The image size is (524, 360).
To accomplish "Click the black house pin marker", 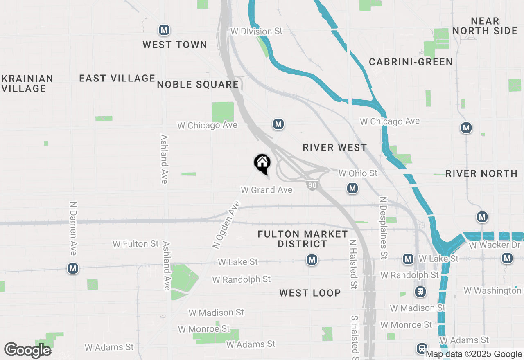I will [x=262, y=163].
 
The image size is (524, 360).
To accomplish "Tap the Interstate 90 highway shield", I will [x=312, y=185].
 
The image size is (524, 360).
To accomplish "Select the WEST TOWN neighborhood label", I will [x=175, y=45].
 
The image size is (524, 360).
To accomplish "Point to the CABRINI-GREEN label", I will [x=411, y=62].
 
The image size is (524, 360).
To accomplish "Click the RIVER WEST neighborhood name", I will [x=335, y=147].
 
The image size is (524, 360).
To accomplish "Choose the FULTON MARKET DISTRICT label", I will [x=303, y=239].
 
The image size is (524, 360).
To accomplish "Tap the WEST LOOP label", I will [x=310, y=293].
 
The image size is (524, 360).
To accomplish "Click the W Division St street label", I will [x=256, y=31].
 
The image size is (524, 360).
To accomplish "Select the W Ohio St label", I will [x=358, y=173].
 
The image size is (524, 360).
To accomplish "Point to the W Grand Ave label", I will [x=267, y=190].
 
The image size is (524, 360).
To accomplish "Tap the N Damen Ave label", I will [x=73, y=228].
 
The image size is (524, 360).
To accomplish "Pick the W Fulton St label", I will [x=136, y=244].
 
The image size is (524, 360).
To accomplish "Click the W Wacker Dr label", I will [x=495, y=245].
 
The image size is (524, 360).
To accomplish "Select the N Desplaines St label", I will [x=384, y=228].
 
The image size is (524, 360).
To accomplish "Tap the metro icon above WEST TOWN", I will [x=164, y=30].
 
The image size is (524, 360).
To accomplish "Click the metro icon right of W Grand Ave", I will [x=352, y=189].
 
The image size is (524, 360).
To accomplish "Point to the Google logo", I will [x=28, y=350].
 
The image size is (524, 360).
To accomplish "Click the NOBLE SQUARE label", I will [x=198, y=85].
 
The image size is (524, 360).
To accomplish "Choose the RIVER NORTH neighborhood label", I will [x=481, y=173].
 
